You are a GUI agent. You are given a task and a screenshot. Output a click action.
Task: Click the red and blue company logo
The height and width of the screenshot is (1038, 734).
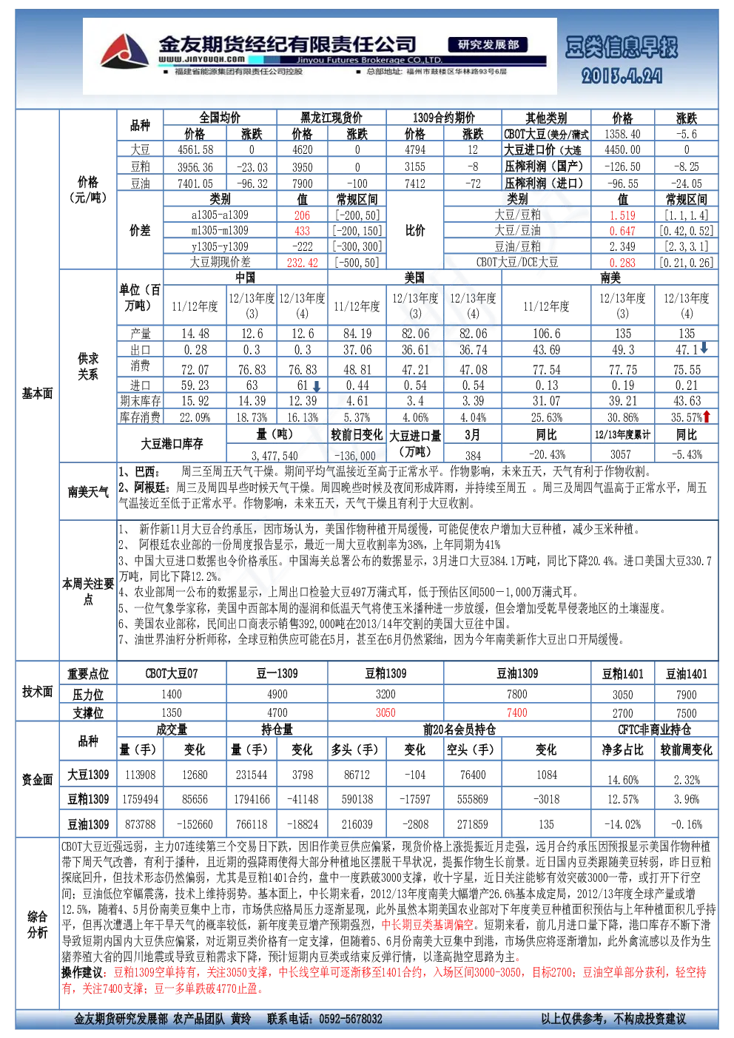(x=124, y=51)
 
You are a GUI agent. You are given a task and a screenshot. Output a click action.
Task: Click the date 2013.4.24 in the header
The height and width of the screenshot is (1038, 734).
(x=622, y=76)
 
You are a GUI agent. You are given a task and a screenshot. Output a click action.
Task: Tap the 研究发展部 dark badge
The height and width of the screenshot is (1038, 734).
(x=488, y=44)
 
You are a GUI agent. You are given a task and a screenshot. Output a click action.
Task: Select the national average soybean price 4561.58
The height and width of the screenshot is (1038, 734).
(x=195, y=149)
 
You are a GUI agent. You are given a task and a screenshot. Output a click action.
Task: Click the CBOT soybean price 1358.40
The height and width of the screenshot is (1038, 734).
(x=622, y=135)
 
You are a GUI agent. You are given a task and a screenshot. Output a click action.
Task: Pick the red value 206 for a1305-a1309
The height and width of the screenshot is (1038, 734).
(x=302, y=215)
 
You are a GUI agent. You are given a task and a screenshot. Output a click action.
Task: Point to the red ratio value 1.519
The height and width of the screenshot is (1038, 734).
(x=622, y=215)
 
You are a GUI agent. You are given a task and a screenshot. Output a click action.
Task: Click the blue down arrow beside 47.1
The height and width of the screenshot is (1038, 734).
(x=704, y=348)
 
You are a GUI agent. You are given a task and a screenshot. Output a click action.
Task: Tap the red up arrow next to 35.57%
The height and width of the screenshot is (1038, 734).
(x=707, y=416)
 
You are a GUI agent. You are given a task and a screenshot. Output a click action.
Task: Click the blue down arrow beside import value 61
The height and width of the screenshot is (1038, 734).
(x=317, y=386)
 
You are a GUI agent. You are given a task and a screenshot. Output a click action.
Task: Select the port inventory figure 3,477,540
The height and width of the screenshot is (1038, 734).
(x=275, y=456)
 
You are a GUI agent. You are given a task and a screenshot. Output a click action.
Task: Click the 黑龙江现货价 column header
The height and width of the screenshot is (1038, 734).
(x=331, y=118)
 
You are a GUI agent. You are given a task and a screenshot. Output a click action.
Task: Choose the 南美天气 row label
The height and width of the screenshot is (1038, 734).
(x=88, y=492)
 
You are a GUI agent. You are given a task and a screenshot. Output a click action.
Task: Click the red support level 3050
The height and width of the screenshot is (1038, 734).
(x=385, y=712)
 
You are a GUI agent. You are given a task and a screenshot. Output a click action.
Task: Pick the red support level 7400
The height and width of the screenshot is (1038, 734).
(x=517, y=712)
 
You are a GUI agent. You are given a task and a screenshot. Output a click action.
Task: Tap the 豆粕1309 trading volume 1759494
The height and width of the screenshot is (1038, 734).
(x=141, y=799)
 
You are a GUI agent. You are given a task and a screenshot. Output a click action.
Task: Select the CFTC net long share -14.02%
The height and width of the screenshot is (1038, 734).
(x=622, y=825)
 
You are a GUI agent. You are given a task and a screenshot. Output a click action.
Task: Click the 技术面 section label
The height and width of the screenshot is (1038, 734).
(x=37, y=692)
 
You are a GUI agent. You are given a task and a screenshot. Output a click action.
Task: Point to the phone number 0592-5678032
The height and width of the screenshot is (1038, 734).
(x=351, y=1019)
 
